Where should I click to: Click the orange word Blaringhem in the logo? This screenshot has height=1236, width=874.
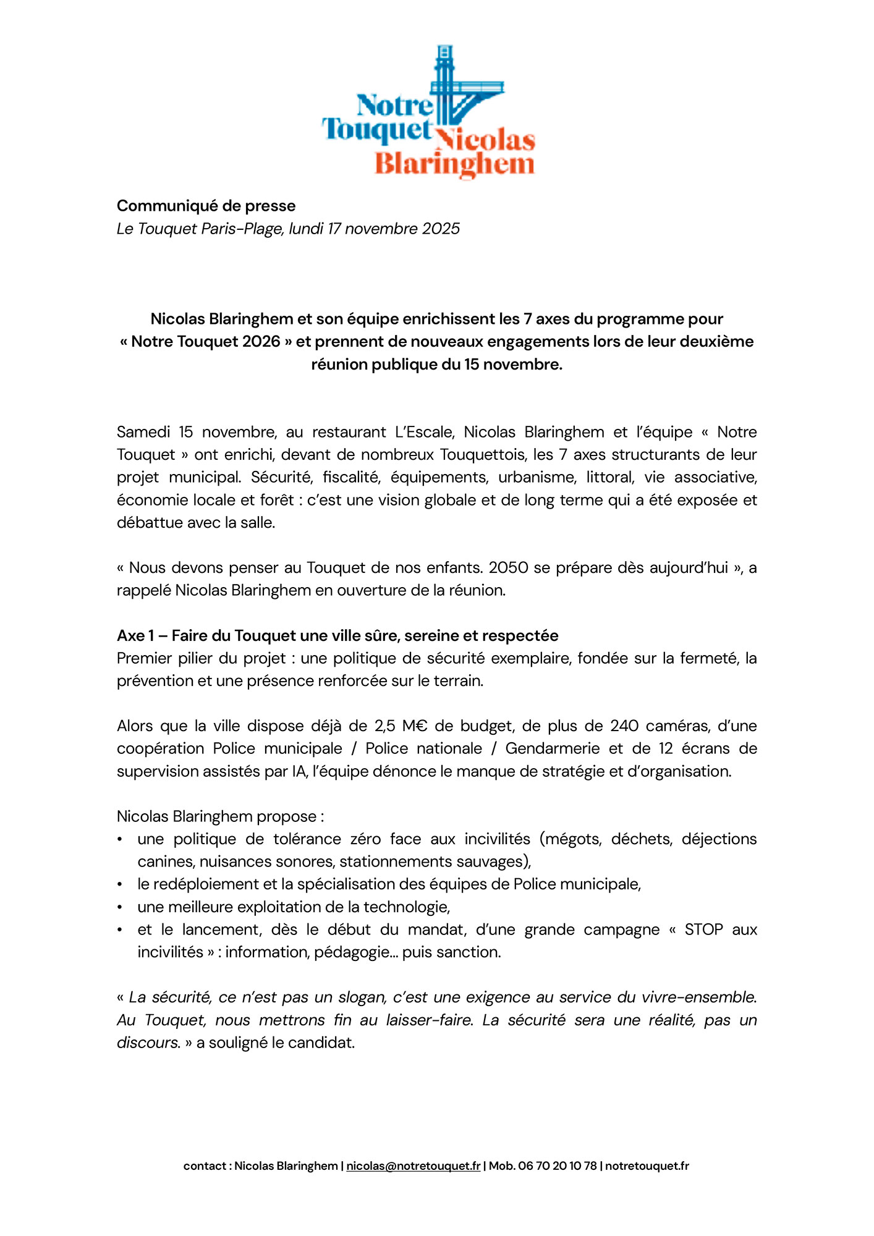[454, 165]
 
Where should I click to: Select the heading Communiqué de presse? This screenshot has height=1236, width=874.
[206, 206]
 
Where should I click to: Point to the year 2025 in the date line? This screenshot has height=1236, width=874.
[441, 229]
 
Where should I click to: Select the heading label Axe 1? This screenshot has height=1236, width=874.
[135, 636]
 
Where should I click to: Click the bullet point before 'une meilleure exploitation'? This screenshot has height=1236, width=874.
[120, 907]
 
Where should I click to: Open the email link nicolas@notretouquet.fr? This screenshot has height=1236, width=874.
[413, 1166]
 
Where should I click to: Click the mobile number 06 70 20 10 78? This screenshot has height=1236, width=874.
[558, 1166]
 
